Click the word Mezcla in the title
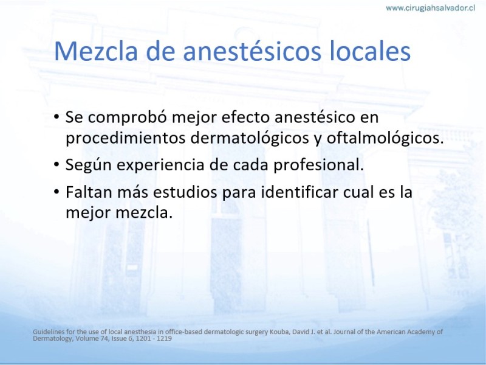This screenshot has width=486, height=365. click(96, 51)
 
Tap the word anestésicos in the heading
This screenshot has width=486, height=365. click(252, 51)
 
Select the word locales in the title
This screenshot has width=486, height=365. click(370, 51)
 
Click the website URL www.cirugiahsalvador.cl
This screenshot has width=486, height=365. click(430, 8)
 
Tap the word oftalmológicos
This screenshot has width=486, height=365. click(385, 139)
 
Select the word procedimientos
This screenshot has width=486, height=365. click(126, 139)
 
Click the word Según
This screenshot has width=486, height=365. click(88, 165)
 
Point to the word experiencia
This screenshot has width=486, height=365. click(160, 165)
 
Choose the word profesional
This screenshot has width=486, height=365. click(318, 164)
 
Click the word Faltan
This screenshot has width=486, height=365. click(89, 192)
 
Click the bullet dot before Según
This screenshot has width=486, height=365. click(56, 164)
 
